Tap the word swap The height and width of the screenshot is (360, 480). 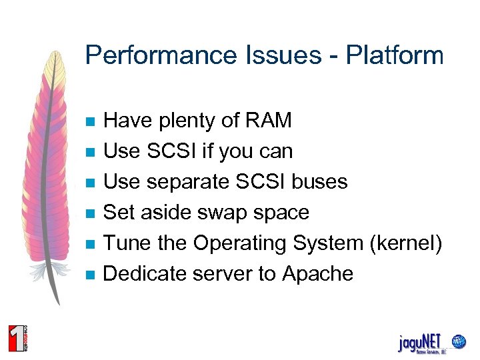point(223,213)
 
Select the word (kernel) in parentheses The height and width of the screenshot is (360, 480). point(405,243)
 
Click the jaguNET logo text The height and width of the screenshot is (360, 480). point(423,341)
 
